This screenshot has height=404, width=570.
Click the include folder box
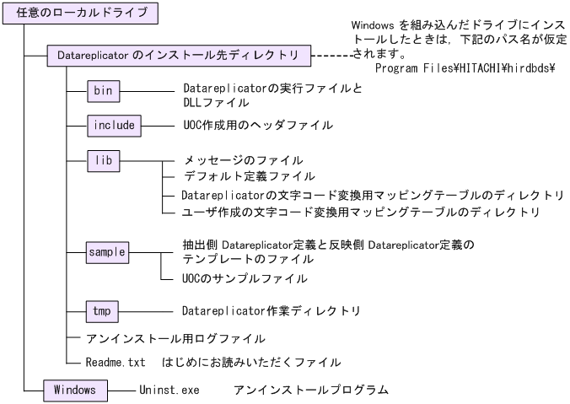[115, 125]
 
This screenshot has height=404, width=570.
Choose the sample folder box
[107, 250]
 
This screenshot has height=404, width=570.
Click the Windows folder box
[75, 390]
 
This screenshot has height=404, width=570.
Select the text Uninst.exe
[165, 391]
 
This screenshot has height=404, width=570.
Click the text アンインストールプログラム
[311, 391]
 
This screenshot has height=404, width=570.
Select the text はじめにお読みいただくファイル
[257, 362]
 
